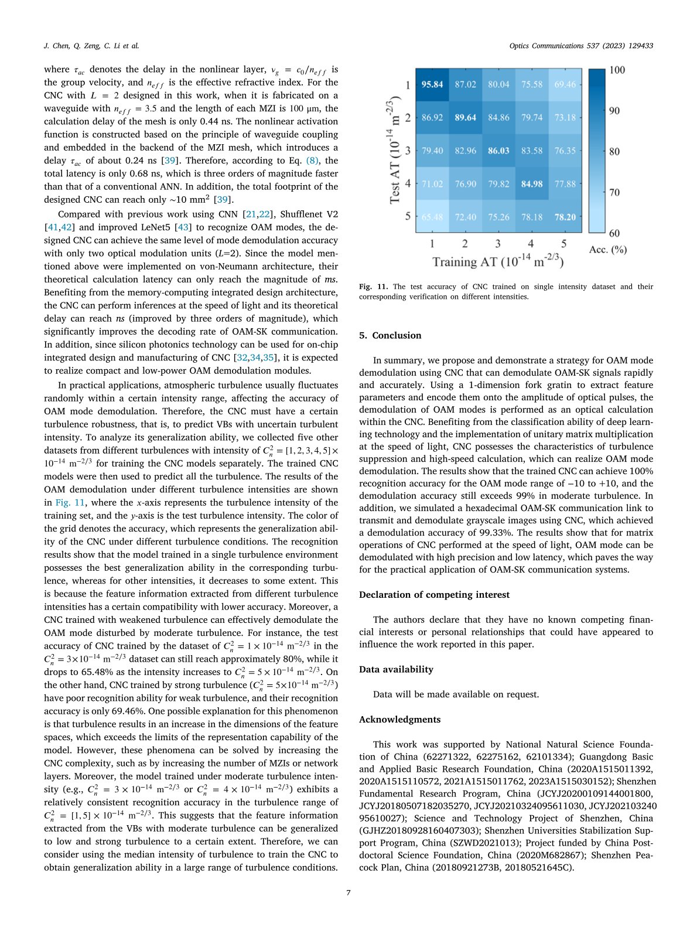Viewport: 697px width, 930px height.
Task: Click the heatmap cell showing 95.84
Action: point(432,84)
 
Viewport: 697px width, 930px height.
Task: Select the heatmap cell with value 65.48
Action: point(432,217)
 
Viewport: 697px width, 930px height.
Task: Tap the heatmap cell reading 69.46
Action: point(565,84)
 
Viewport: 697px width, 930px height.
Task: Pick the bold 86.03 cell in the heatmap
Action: point(498,151)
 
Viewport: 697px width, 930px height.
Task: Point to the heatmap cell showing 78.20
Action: point(565,217)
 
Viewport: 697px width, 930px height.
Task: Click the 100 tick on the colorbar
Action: point(617,70)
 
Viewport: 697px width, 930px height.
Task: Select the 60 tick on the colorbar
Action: point(614,233)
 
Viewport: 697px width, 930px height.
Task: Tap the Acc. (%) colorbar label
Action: point(607,250)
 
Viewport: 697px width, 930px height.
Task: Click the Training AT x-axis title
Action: point(498,261)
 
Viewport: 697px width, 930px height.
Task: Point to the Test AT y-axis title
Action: point(395,151)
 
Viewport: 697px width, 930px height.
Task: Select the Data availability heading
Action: point(396,669)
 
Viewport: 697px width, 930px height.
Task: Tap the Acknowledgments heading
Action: point(399,719)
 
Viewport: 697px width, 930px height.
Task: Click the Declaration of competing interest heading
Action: point(434,594)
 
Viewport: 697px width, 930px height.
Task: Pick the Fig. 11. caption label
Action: point(373,287)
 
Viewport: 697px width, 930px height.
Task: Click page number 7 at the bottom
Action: point(348,892)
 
